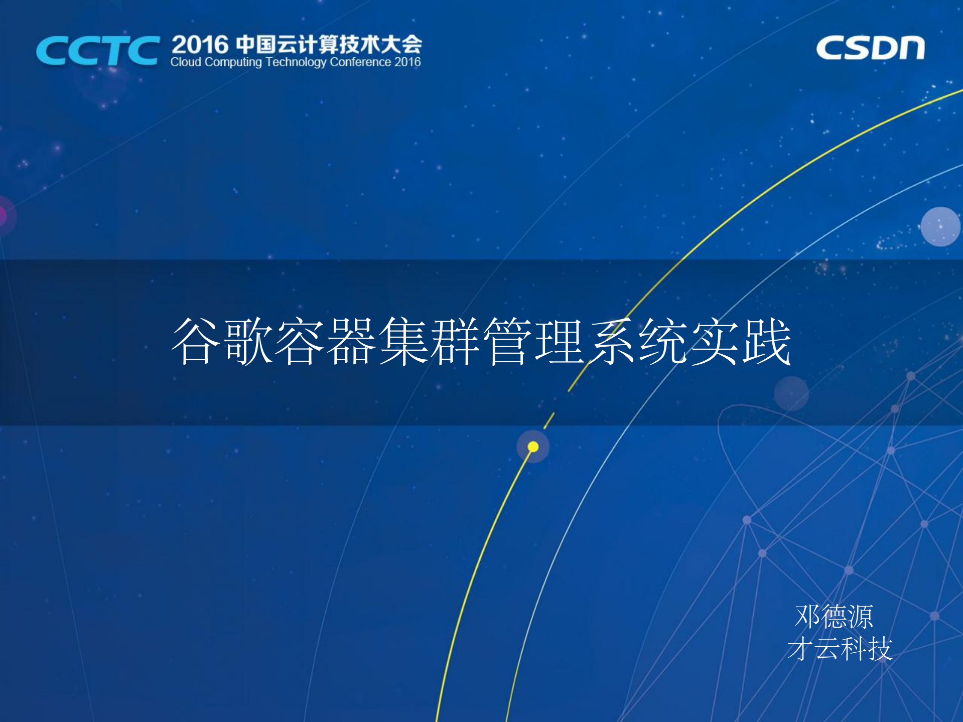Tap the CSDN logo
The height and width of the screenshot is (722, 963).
pyautogui.click(x=870, y=48)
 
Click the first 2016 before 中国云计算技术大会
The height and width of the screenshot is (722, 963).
pyautogui.click(x=200, y=45)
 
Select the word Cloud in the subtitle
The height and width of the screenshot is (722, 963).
pyautogui.click(x=186, y=62)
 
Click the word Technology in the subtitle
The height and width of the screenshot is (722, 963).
pyautogui.click(x=296, y=62)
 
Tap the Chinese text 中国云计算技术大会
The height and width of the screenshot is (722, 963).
pyautogui.click(x=329, y=45)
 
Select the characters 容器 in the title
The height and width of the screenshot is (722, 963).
pyautogui.click(x=326, y=341)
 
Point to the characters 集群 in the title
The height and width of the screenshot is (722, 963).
pyautogui.click(x=431, y=341)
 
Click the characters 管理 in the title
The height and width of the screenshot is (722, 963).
pyautogui.click(x=535, y=341)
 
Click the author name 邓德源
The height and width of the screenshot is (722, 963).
pyautogui.click(x=834, y=616)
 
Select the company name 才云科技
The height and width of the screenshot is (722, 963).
pyautogui.click(x=840, y=649)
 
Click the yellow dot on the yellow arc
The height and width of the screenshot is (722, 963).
pyautogui.click(x=533, y=447)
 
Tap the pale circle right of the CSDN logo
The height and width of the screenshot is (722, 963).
pyautogui.click(x=940, y=226)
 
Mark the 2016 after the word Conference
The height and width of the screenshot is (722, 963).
pyautogui.click(x=407, y=62)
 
